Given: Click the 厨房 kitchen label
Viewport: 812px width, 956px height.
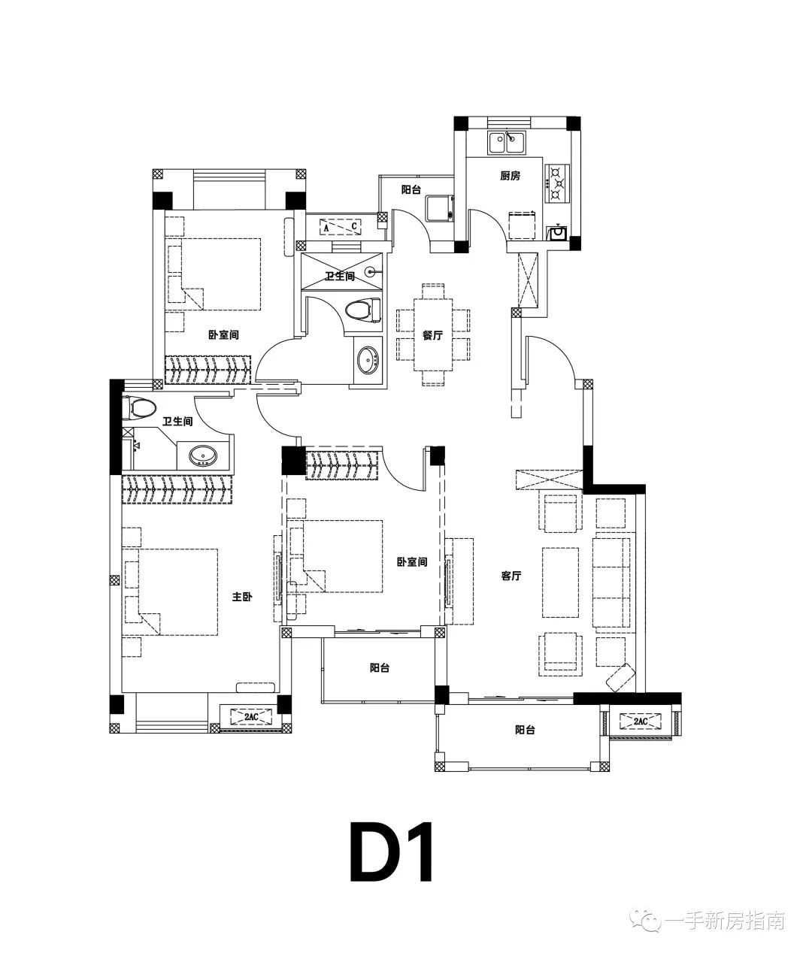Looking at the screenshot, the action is [x=510, y=176].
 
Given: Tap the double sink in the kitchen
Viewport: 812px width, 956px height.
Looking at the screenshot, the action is [x=506, y=143].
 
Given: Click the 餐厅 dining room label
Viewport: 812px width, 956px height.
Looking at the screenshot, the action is [x=432, y=335].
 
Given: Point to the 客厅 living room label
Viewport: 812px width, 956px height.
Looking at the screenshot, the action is [x=511, y=576].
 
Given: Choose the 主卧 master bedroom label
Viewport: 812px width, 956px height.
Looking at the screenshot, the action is [x=242, y=597].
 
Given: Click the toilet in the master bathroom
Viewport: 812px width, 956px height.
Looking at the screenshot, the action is [x=138, y=408].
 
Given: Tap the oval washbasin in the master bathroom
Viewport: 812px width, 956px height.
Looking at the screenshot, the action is [x=203, y=455].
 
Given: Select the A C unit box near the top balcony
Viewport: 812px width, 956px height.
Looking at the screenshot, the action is [x=341, y=227].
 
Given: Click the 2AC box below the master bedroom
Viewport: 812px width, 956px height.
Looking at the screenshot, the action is [x=251, y=716].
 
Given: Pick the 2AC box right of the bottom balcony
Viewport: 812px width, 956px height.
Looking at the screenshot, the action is [x=641, y=721].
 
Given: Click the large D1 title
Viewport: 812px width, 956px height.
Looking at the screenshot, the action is [x=392, y=852].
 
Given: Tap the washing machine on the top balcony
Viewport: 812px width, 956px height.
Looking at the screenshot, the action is [x=440, y=209].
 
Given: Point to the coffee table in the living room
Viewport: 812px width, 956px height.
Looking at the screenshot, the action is [x=560, y=582].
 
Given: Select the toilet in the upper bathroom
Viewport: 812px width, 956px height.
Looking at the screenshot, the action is [x=363, y=310].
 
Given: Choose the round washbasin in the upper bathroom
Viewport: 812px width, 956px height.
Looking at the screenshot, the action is [x=368, y=359].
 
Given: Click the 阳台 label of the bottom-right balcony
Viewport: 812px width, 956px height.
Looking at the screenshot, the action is [x=525, y=730].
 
